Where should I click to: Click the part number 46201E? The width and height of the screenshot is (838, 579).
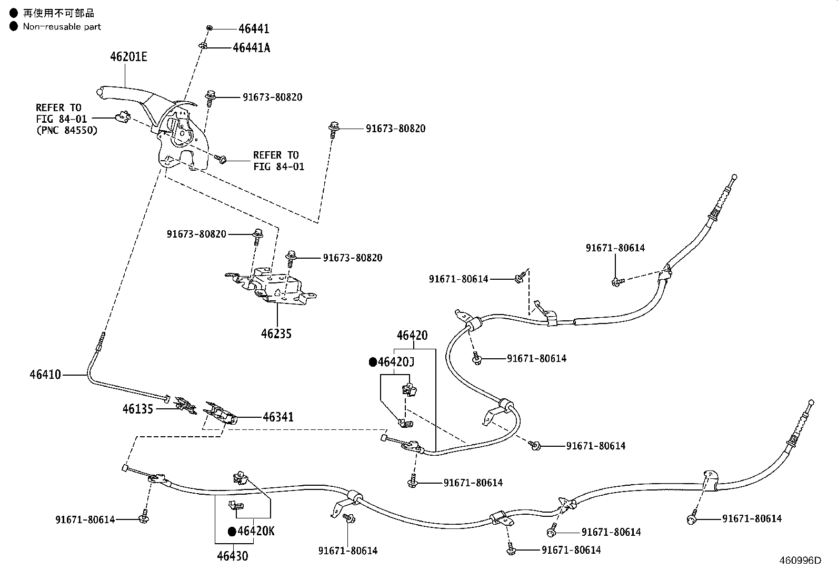128,57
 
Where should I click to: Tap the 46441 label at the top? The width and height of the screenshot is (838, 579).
254,28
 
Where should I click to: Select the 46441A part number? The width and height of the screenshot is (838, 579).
252,47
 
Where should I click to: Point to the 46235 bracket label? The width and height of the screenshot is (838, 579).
276,333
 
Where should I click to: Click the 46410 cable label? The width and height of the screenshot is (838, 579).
45,375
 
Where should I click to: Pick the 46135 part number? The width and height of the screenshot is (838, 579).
138,409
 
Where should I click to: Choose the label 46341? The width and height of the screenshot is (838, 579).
278,417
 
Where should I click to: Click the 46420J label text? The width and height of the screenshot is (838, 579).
396,362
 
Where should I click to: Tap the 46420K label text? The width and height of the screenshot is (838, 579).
256,531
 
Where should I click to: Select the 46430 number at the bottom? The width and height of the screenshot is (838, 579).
232,556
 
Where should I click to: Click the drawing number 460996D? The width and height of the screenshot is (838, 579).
800,561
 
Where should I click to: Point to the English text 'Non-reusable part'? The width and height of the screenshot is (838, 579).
62,26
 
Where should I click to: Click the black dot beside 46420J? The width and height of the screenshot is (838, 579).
373,362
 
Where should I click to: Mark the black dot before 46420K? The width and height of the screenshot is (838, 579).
232,532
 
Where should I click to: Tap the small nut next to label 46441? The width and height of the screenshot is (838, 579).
209,28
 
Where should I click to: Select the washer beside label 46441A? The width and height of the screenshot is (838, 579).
203,46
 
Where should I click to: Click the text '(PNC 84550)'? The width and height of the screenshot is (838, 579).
67,130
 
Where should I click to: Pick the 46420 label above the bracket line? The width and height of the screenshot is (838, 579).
412,335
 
